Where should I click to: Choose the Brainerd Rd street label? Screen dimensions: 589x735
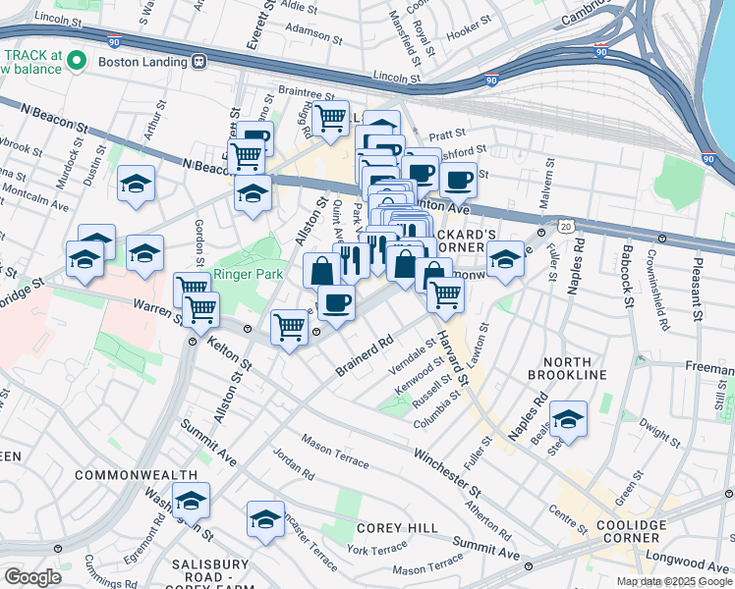pyautogui.click(x=364, y=354)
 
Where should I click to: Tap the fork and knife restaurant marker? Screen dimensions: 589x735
pyautogui.click(x=351, y=259)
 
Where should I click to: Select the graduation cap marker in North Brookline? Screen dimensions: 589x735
pyautogui.click(x=568, y=419)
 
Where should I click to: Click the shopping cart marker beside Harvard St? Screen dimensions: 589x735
pyautogui.click(x=446, y=293)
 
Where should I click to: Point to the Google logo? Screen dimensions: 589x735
pyautogui.click(x=33, y=576)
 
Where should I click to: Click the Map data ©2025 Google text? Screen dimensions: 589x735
pyautogui.click(x=674, y=581)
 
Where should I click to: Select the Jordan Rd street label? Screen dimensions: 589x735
pyautogui.click(x=294, y=466)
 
